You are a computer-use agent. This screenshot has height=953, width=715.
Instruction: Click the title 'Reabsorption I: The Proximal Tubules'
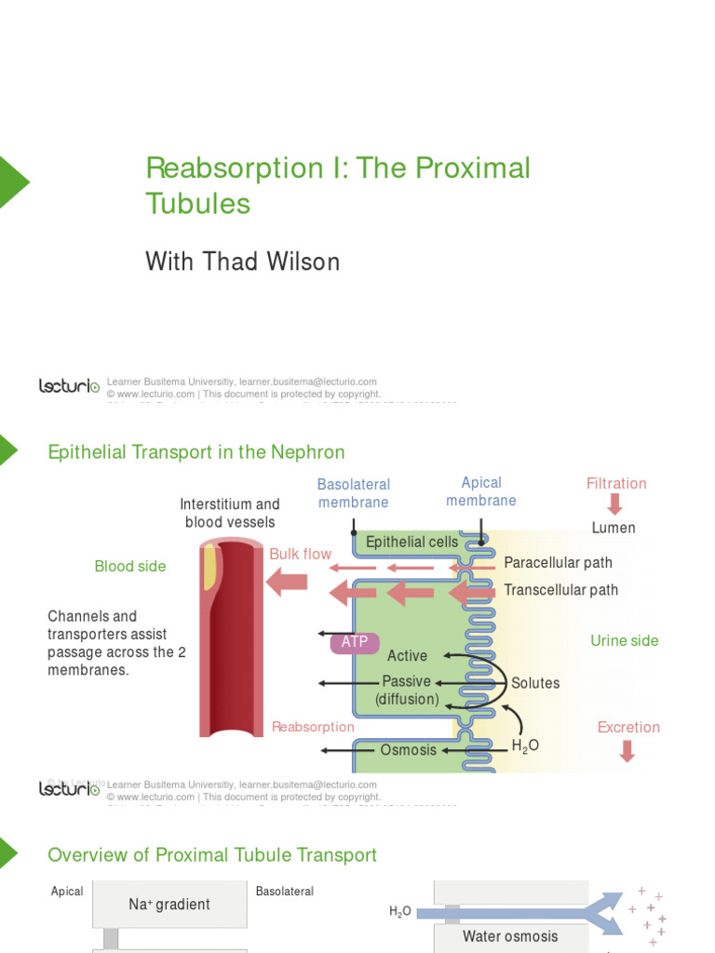tap(337, 185)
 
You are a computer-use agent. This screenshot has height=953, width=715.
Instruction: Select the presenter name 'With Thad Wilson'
tap(242, 262)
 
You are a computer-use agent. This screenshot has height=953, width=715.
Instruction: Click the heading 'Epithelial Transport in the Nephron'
tap(196, 452)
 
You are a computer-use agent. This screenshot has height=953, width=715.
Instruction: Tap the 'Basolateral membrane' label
tap(353, 493)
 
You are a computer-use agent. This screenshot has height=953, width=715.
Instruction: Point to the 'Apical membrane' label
tap(480, 491)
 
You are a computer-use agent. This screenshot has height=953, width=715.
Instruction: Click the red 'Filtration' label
tap(615, 483)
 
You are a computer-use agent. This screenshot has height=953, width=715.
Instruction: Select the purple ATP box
tap(354, 641)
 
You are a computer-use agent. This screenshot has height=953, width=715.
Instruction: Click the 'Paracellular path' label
tap(558, 563)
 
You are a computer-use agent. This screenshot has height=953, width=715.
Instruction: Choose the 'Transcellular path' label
tap(560, 589)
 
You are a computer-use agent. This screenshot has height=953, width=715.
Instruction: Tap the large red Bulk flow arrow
tap(287, 583)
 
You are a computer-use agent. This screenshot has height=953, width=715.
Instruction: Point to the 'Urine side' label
tap(624, 640)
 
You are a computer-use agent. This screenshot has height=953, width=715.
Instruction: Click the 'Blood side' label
tap(130, 566)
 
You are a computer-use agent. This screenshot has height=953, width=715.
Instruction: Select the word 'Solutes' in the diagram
tap(535, 683)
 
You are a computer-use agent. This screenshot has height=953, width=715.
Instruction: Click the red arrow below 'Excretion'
tap(627, 750)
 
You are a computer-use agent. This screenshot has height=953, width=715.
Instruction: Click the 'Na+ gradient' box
tap(169, 904)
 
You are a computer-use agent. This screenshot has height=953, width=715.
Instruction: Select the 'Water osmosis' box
tap(510, 936)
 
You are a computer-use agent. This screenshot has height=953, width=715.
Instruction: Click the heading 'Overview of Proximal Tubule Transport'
tap(212, 855)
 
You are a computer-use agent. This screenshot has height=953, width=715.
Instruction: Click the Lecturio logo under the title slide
tap(69, 385)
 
